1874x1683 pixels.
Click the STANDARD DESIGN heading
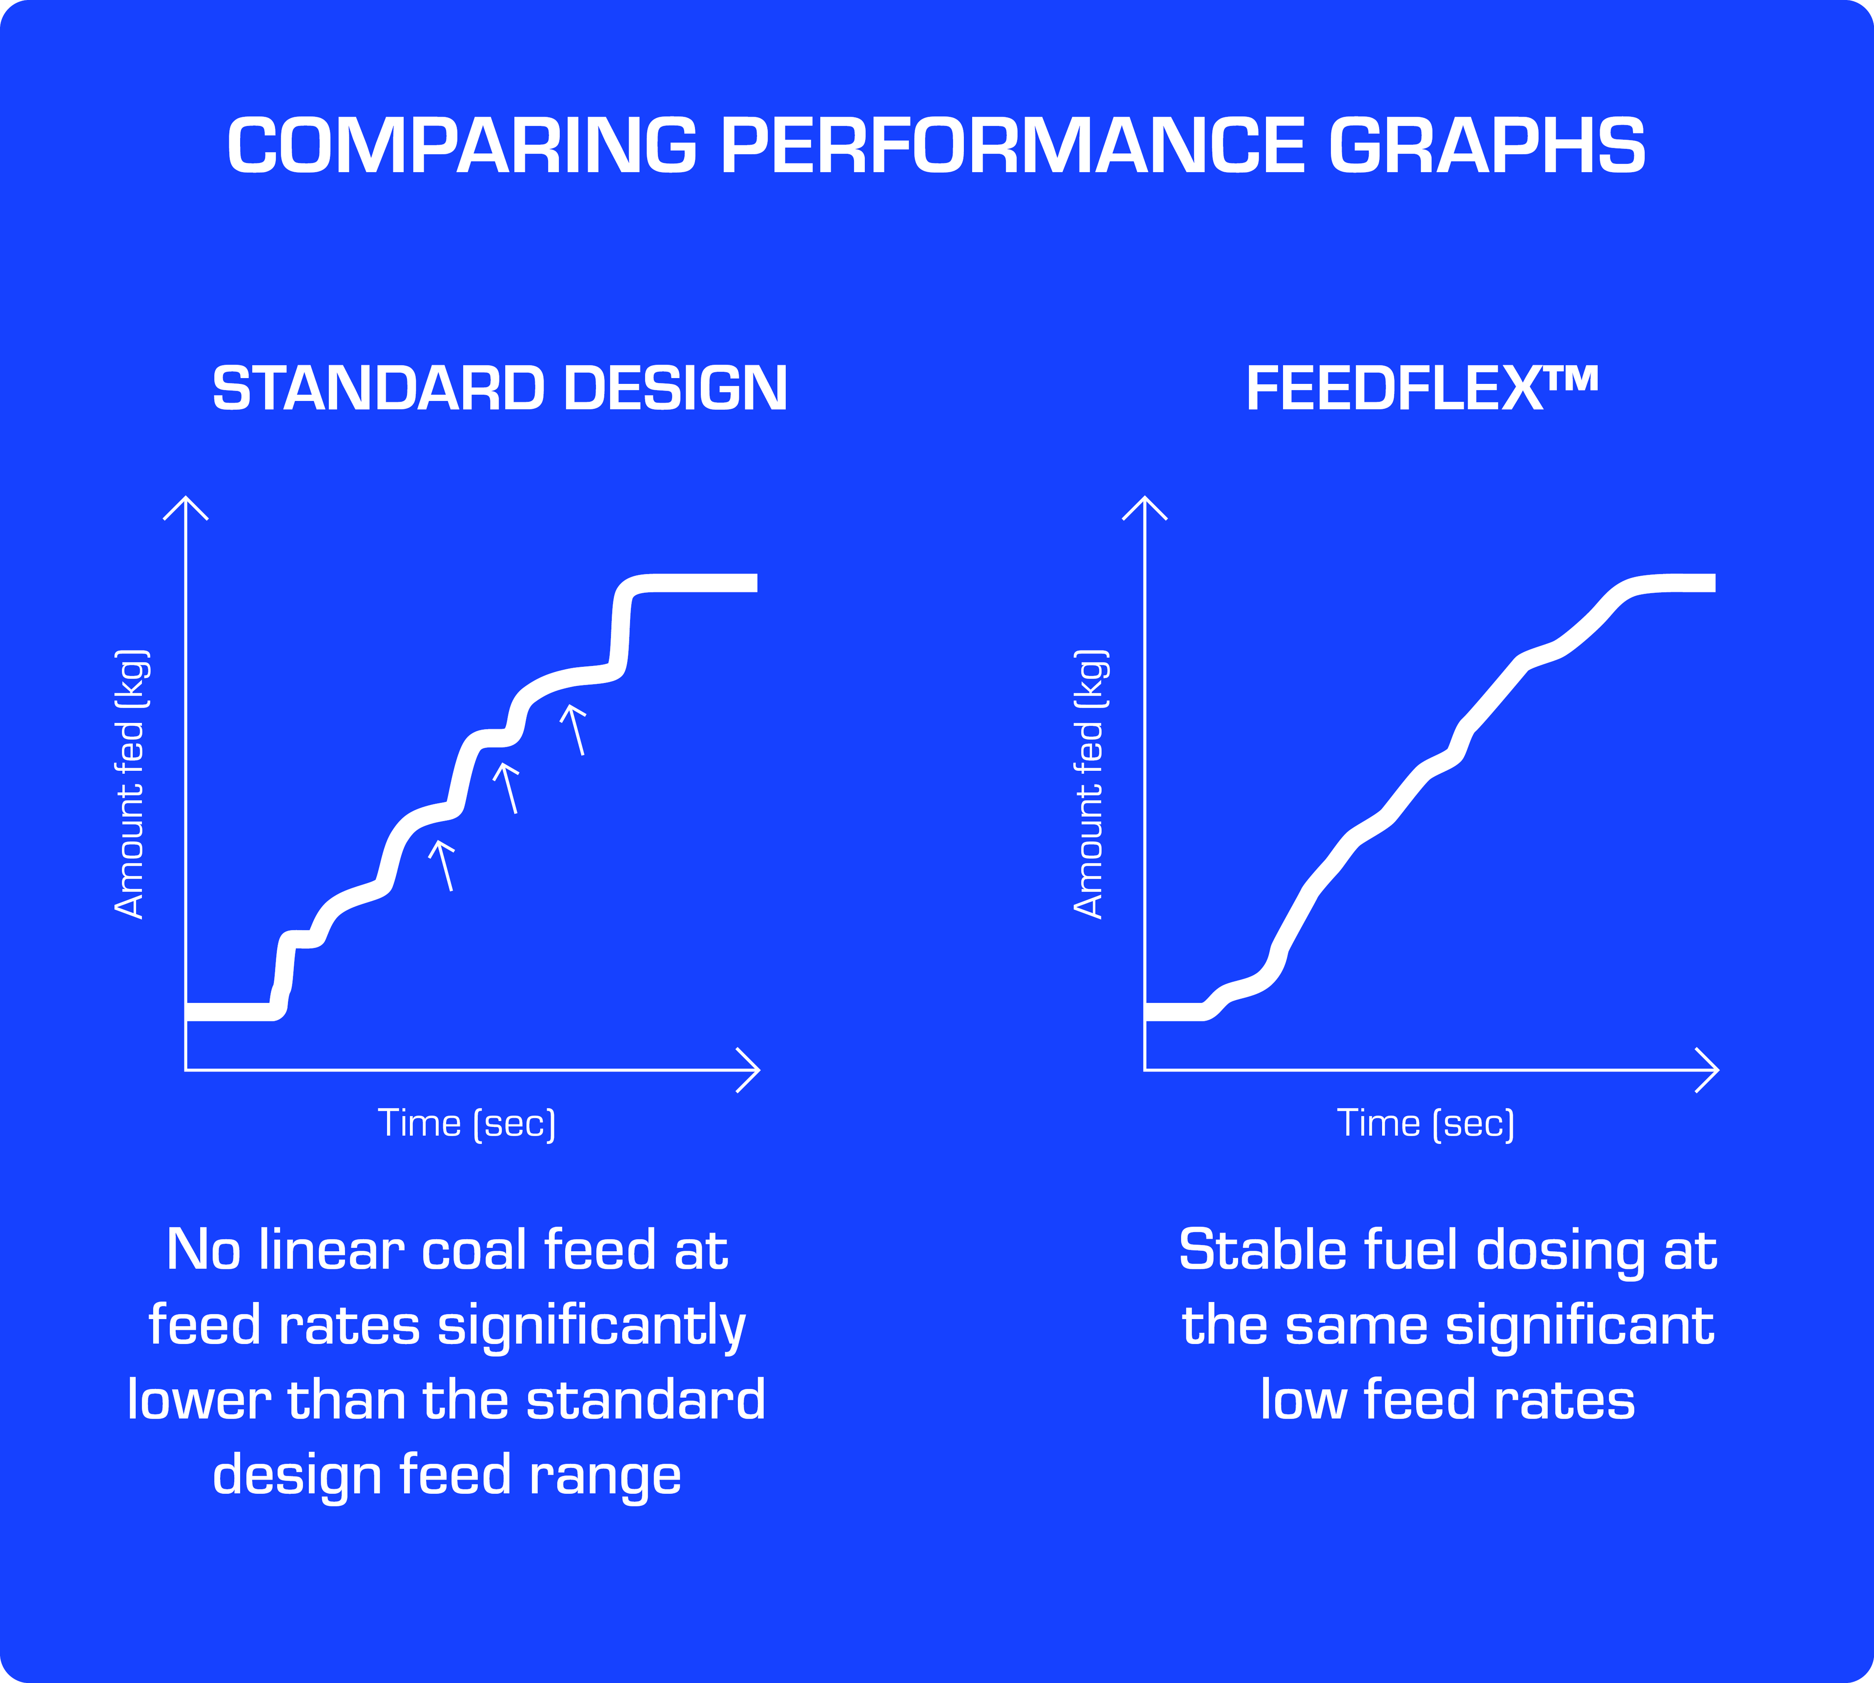(x=499, y=388)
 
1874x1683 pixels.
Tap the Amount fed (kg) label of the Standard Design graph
(x=131, y=784)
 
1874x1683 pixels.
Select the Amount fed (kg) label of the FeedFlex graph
(x=1091, y=784)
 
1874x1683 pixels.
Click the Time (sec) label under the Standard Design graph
(x=467, y=1123)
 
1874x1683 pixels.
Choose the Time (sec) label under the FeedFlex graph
(x=1426, y=1123)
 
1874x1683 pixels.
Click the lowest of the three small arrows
(x=444, y=864)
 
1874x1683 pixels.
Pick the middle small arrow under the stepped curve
(x=508, y=787)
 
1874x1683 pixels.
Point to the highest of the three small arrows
(x=575, y=729)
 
